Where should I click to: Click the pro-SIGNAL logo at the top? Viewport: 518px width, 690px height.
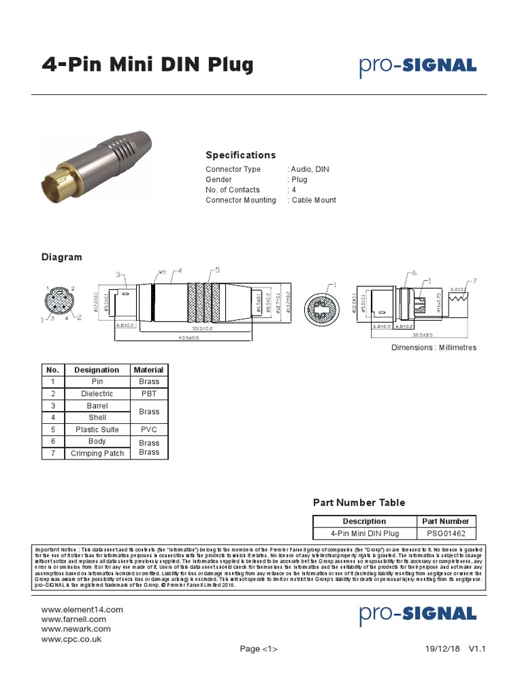(x=418, y=66)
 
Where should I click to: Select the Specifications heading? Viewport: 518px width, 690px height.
(x=241, y=155)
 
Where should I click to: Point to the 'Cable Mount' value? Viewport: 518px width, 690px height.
(x=314, y=200)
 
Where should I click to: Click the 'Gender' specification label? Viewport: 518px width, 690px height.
(x=219, y=180)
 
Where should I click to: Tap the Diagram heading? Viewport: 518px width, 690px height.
(x=62, y=257)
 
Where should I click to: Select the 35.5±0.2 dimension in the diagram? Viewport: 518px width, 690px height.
(x=202, y=328)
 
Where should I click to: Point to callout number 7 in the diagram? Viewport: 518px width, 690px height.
(x=474, y=280)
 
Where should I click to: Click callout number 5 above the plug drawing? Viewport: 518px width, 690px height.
(x=217, y=270)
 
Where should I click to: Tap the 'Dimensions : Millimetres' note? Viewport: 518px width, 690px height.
(x=434, y=348)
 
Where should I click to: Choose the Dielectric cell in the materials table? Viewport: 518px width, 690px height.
(x=96, y=394)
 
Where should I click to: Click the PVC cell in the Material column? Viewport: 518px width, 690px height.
(x=148, y=429)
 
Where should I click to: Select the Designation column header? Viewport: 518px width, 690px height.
(x=96, y=370)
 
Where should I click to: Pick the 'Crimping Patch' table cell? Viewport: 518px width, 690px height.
(x=97, y=453)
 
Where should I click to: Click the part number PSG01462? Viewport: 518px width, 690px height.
(x=447, y=533)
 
